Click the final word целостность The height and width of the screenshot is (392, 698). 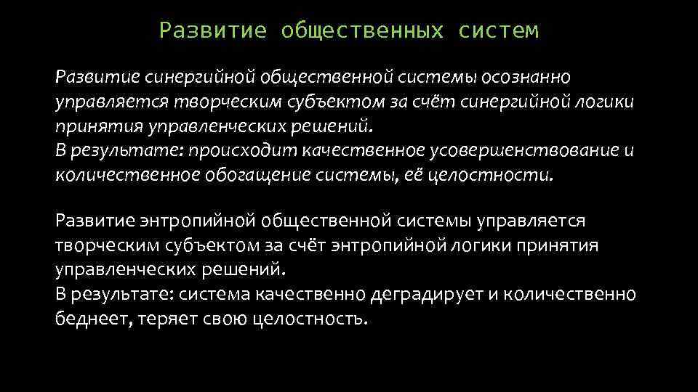click(312, 319)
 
